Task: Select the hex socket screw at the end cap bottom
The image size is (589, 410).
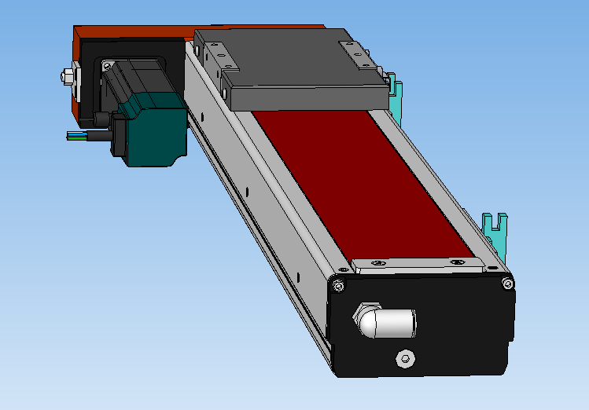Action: (406, 358)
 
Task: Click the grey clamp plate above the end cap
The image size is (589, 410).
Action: (417, 265)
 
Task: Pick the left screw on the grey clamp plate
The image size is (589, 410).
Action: (378, 262)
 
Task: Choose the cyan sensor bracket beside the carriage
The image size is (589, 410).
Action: (396, 98)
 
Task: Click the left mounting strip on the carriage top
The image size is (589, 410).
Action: (216, 55)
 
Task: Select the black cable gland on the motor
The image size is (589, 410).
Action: (102, 122)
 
